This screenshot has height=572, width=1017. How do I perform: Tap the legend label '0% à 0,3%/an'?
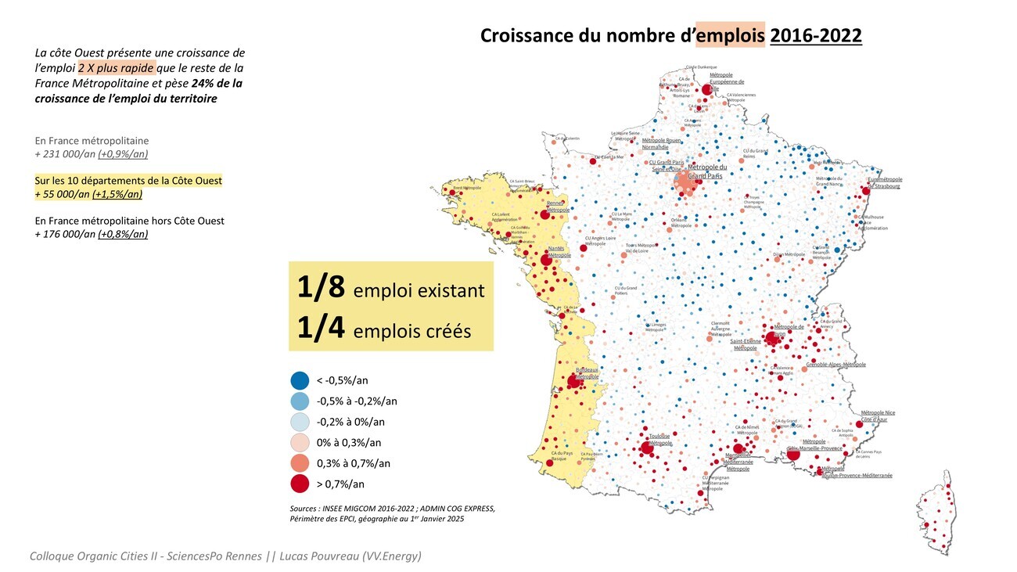[x=348, y=443]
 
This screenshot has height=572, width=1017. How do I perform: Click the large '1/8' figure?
[x=321, y=288]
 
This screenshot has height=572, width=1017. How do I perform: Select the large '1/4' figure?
[x=321, y=329]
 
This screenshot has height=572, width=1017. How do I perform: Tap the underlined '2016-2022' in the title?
[x=816, y=36]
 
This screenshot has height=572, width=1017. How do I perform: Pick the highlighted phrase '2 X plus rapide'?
[x=117, y=68]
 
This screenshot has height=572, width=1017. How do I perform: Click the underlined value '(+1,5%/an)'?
[x=117, y=195]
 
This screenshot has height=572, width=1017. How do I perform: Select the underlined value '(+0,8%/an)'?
[x=123, y=234]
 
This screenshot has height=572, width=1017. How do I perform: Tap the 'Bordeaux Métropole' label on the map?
[x=587, y=373]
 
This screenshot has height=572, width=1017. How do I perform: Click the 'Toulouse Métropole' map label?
[x=660, y=439]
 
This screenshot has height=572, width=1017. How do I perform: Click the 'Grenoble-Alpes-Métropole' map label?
[x=836, y=365]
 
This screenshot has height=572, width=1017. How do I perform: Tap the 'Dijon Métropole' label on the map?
[x=789, y=254]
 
